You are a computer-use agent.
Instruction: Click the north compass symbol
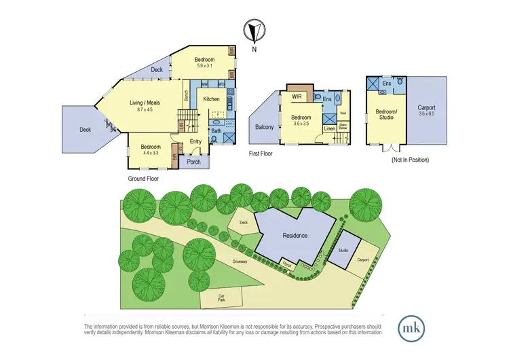[x=255, y=31]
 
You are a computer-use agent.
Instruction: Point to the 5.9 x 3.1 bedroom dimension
[x=205, y=66]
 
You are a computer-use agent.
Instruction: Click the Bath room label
[x=216, y=131]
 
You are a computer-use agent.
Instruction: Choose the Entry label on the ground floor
[x=195, y=141]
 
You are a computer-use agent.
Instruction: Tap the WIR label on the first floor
[x=297, y=97]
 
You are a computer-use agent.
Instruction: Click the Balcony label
[x=264, y=127]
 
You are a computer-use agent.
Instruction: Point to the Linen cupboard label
[x=329, y=128]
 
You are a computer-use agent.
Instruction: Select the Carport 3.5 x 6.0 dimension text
[x=426, y=114]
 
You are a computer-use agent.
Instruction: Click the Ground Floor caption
[x=144, y=178]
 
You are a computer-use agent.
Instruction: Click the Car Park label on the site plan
[x=221, y=298]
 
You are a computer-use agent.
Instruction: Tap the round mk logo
[x=412, y=325]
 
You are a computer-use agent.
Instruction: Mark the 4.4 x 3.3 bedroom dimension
[x=151, y=154]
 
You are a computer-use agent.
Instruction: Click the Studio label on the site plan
[x=343, y=251]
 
